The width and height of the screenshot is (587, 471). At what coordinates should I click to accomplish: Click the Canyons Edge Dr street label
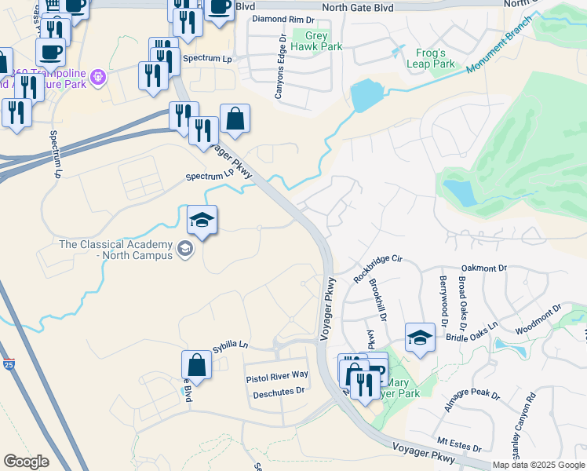click(x=280, y=68)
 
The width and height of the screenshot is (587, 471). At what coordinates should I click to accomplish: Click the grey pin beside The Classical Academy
click(x=185, y=250)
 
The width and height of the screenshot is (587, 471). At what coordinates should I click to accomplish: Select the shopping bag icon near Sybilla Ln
click(x=196, y=366)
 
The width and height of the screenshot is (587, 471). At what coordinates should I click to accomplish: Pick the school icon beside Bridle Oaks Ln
click(x=421, y=338)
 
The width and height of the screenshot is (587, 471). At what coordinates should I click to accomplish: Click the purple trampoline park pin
click(x=98, y=77)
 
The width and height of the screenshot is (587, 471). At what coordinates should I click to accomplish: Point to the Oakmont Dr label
click(x=485, y=268)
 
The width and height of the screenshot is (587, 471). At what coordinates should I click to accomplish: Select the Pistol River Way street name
click(x=277, y=377)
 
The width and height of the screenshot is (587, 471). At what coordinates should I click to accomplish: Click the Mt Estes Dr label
click(x=459, y=445)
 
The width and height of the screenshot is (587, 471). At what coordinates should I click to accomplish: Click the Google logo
click(x=27, y=461)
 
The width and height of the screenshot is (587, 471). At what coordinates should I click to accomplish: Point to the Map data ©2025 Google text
click(x=538, y=465)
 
